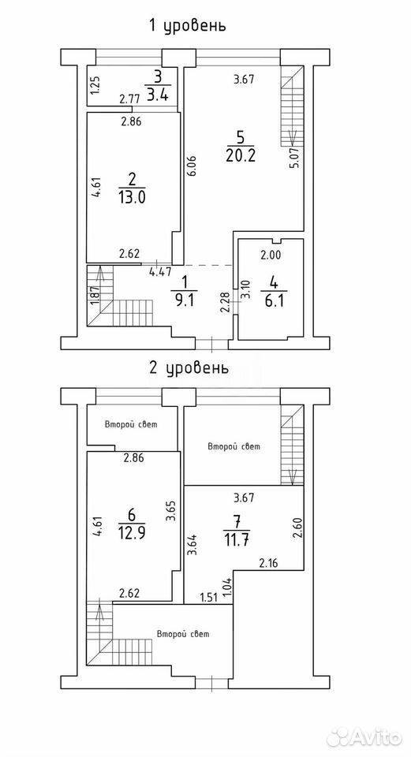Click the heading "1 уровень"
tap(187, 25)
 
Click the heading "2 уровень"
tap(187, 369)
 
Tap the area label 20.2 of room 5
tap(240, 156)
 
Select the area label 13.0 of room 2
tap(132, 197)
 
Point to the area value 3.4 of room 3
tap(158, 95)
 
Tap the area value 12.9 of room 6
tap(132, 533)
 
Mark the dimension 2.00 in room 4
tap(271, 256)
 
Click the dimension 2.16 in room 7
tap(270, 562)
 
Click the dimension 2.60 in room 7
tap(297, 527)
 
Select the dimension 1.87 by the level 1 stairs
tap(95, 296)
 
